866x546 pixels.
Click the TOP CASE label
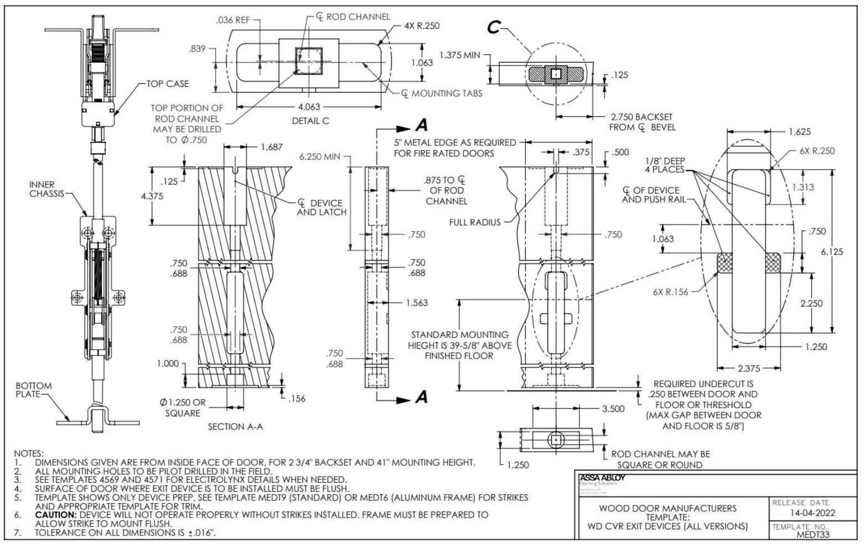coord(167,84)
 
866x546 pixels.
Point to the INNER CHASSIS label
coord(47,189)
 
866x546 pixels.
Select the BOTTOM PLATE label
coord(33,390)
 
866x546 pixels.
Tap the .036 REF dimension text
coord(233,21)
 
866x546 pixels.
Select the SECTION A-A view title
coord(234,427)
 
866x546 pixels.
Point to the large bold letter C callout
coord(494,27)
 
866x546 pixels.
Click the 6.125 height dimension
coord(832,252)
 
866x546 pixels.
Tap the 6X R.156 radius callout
coord(670,292)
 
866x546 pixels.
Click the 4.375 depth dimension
coord(159,196)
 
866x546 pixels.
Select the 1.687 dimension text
coord(271,147)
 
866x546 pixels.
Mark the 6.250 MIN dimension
coord(320,157)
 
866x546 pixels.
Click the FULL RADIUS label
coord(475,222)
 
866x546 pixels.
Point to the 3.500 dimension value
coord(613,409)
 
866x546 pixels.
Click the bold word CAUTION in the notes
coord(56,514)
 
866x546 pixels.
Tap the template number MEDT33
coord(814,534)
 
